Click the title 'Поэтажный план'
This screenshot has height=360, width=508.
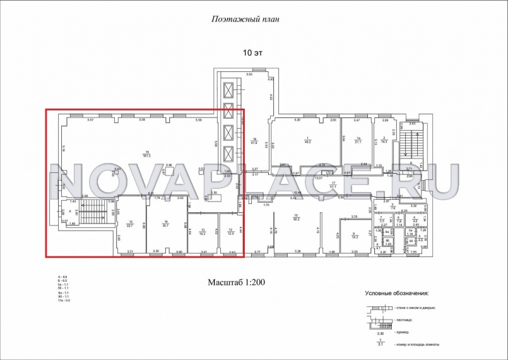point(244,19)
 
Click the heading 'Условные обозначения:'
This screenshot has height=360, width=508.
point(396,293)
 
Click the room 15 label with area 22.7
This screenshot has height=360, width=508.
point(130,222)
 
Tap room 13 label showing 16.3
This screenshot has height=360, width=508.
point(202,231)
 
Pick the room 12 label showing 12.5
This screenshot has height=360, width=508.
point(231,231)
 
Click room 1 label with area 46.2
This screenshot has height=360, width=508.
point(307,141)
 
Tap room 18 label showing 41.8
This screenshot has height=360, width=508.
point(255,141)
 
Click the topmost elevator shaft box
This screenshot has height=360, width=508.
point(227,88)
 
